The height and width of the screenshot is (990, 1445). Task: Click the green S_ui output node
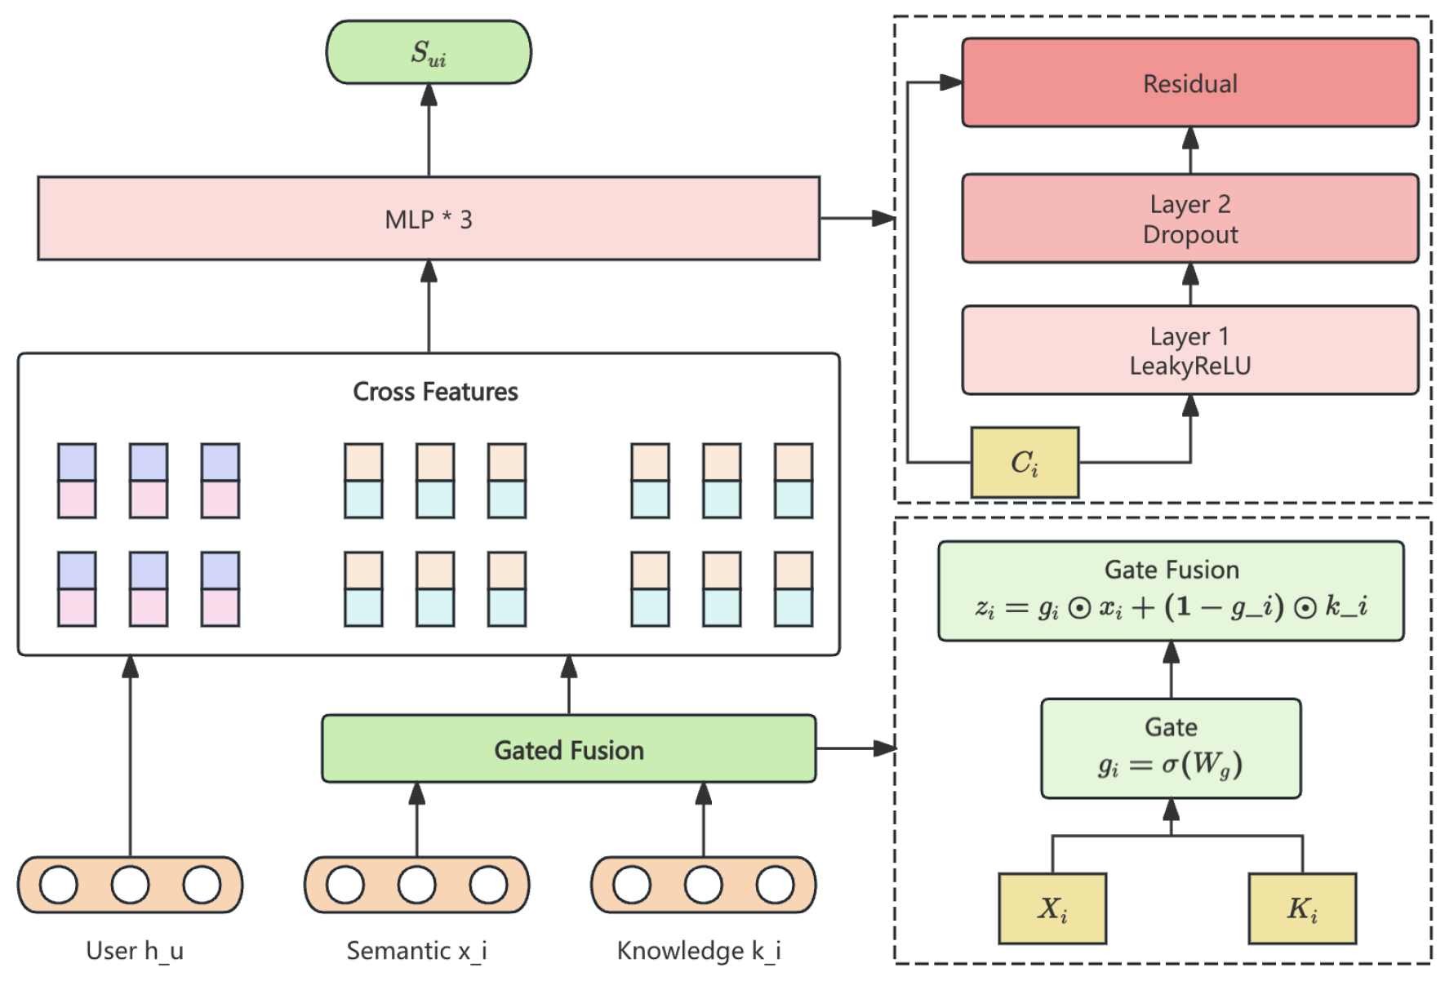pos(429,52)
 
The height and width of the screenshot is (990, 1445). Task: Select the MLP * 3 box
pos(429,219)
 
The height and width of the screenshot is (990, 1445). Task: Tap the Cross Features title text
pos(435,392)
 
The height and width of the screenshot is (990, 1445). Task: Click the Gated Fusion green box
pos(569,749)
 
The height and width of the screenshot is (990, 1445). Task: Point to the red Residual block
pos(1189,83)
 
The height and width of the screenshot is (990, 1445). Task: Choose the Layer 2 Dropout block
pos(1189,219)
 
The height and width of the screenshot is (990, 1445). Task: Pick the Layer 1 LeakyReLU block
pos(1189,350)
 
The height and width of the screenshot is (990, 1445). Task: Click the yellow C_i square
pos(1025,463)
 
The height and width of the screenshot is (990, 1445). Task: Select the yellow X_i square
pos(1052,908)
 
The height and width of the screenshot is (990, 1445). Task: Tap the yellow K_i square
pos(1302,908)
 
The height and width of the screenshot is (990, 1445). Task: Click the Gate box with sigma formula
pos(1171,748)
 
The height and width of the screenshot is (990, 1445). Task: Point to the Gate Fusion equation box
pos(1171,591)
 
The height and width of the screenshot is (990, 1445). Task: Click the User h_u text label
pos(135,951)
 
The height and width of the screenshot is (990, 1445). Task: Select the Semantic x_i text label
pos(416,951)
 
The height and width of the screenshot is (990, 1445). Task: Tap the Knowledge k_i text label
pos(699,951)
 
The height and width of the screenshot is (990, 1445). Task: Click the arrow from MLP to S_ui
pos(429,131)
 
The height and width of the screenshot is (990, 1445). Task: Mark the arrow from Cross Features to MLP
pos(429,306)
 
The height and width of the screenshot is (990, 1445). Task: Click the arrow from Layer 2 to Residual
pos(1190,150)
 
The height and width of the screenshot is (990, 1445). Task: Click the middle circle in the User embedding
pos(131,885)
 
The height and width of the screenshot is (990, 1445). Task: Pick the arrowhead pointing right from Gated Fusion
pos(885,748)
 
